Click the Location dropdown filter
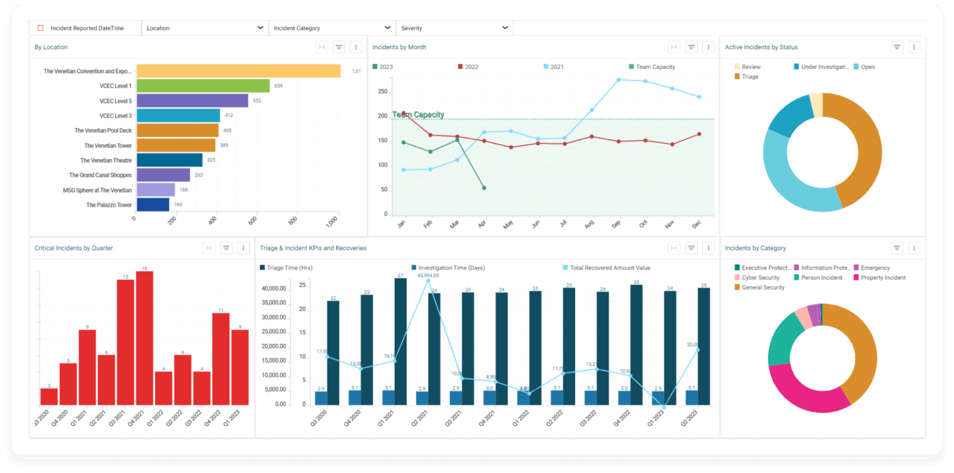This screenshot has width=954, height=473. tap(204, 28)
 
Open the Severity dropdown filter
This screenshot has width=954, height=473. tap(454, 28)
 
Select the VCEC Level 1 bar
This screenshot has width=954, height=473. tap(203, 86)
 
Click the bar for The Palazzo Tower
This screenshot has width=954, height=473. tap(153, 204)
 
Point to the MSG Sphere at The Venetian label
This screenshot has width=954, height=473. tap(98, 190)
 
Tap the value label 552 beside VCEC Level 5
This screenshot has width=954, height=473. tap(257, 101)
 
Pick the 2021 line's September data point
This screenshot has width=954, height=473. tap(618, 80)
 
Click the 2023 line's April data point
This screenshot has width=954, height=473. tap(484, 188)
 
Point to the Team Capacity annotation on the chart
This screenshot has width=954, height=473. tap(418, 115)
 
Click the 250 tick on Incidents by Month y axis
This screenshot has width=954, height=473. tap(382, 91)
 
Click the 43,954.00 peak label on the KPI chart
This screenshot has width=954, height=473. tap(428, 275)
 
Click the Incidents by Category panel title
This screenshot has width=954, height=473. tap(755, 248)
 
